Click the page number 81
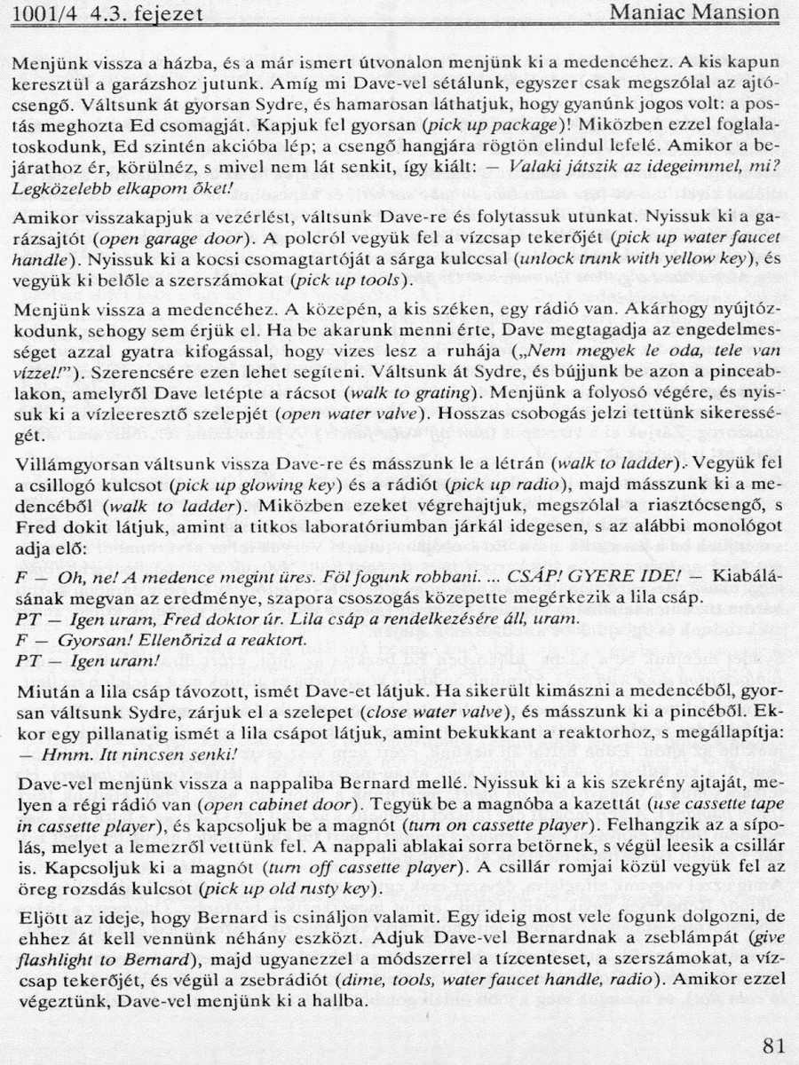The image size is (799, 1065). (x=773, y=1045)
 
